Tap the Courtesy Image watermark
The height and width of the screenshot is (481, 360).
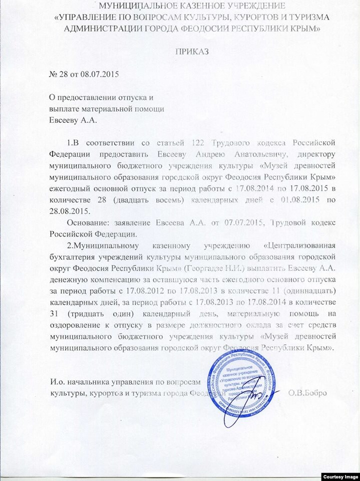click(x=339, y=475)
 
